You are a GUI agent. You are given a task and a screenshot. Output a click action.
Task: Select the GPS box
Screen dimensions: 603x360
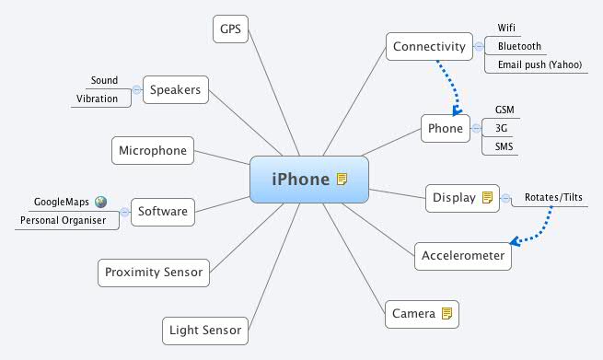(229, 29)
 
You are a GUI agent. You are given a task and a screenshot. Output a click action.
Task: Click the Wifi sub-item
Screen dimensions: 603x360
(507, 28)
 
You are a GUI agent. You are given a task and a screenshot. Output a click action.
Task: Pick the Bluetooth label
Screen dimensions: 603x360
(519, 46)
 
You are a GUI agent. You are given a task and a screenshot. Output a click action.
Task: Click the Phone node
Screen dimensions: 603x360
(446, 128)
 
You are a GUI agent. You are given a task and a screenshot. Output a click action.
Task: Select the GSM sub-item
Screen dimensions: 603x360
(504, 110)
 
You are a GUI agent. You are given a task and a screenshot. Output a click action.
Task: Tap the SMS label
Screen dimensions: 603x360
(504, 146)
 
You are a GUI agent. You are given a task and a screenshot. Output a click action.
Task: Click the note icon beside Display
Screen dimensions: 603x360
(488, 197)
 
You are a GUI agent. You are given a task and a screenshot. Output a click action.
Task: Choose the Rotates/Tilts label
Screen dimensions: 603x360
(553, 197)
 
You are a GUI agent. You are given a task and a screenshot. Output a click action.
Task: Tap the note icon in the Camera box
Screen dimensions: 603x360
(447, 314)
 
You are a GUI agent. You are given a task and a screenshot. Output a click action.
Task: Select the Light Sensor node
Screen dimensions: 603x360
(204, 330)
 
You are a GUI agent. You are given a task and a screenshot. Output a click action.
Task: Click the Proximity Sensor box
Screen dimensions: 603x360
(154, 272)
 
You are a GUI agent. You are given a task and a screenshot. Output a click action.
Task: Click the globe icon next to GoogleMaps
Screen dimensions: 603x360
(100, 202)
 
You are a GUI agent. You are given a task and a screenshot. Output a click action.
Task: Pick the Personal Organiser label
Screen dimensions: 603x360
(64, 221)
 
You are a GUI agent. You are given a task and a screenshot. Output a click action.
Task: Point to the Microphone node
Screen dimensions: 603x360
(153, 150)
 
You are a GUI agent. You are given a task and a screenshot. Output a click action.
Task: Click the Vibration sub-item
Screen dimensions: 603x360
(98, 99)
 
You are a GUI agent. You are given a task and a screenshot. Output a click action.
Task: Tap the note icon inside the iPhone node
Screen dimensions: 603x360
(342, 179)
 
